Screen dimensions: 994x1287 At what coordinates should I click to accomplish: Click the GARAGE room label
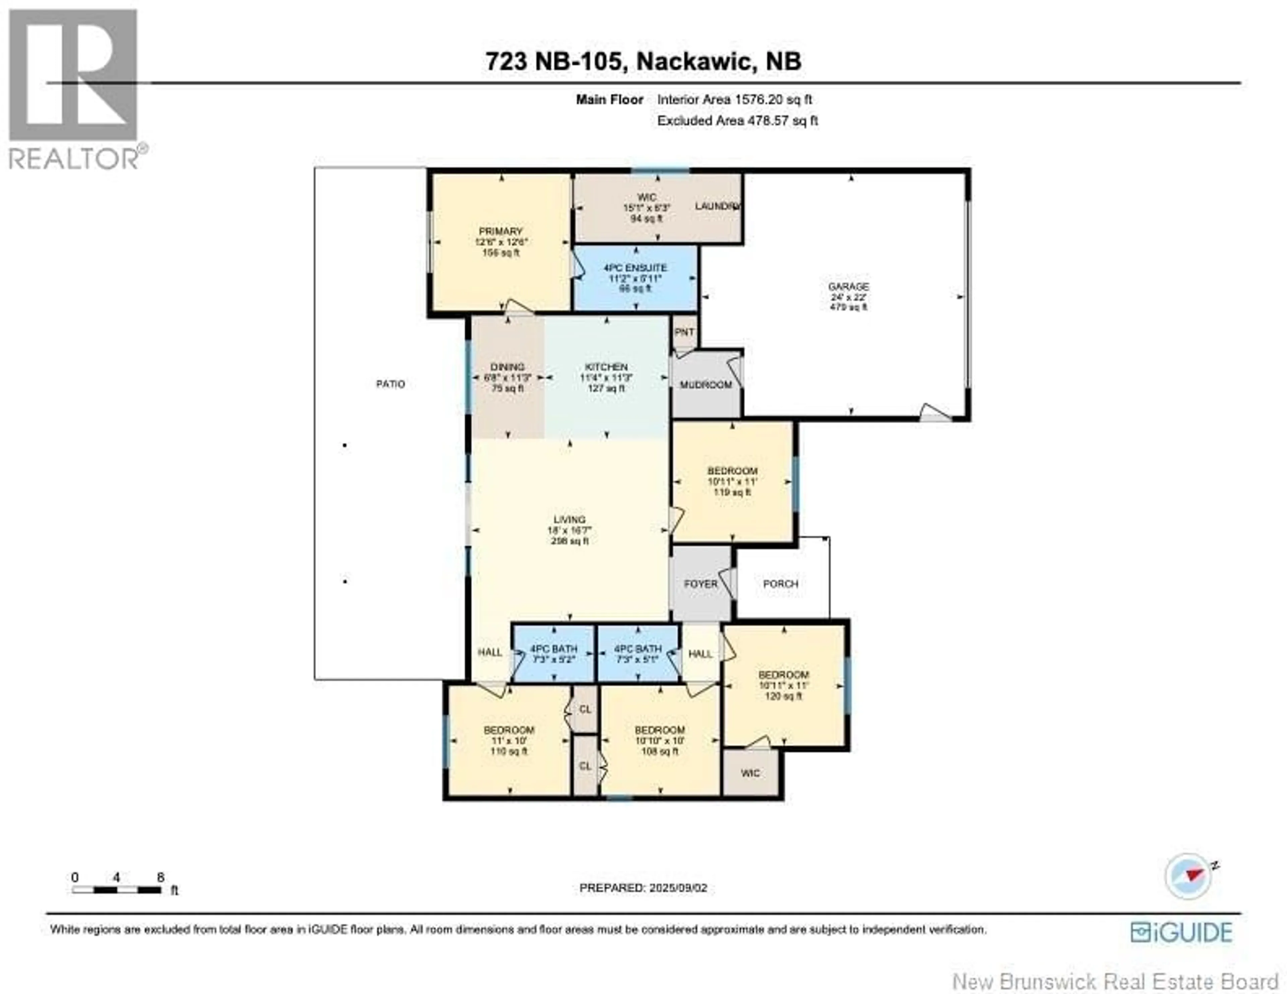849,287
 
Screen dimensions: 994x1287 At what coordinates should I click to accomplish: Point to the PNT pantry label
684,332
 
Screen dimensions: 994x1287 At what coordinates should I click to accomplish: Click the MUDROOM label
706,385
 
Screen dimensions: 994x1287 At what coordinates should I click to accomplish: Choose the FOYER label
701,584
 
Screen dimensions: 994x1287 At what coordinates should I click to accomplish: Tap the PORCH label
781,584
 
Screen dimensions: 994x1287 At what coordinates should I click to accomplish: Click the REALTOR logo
74,88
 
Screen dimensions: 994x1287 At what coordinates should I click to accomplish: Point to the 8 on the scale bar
160,877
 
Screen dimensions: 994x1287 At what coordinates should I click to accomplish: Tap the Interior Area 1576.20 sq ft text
734,100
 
